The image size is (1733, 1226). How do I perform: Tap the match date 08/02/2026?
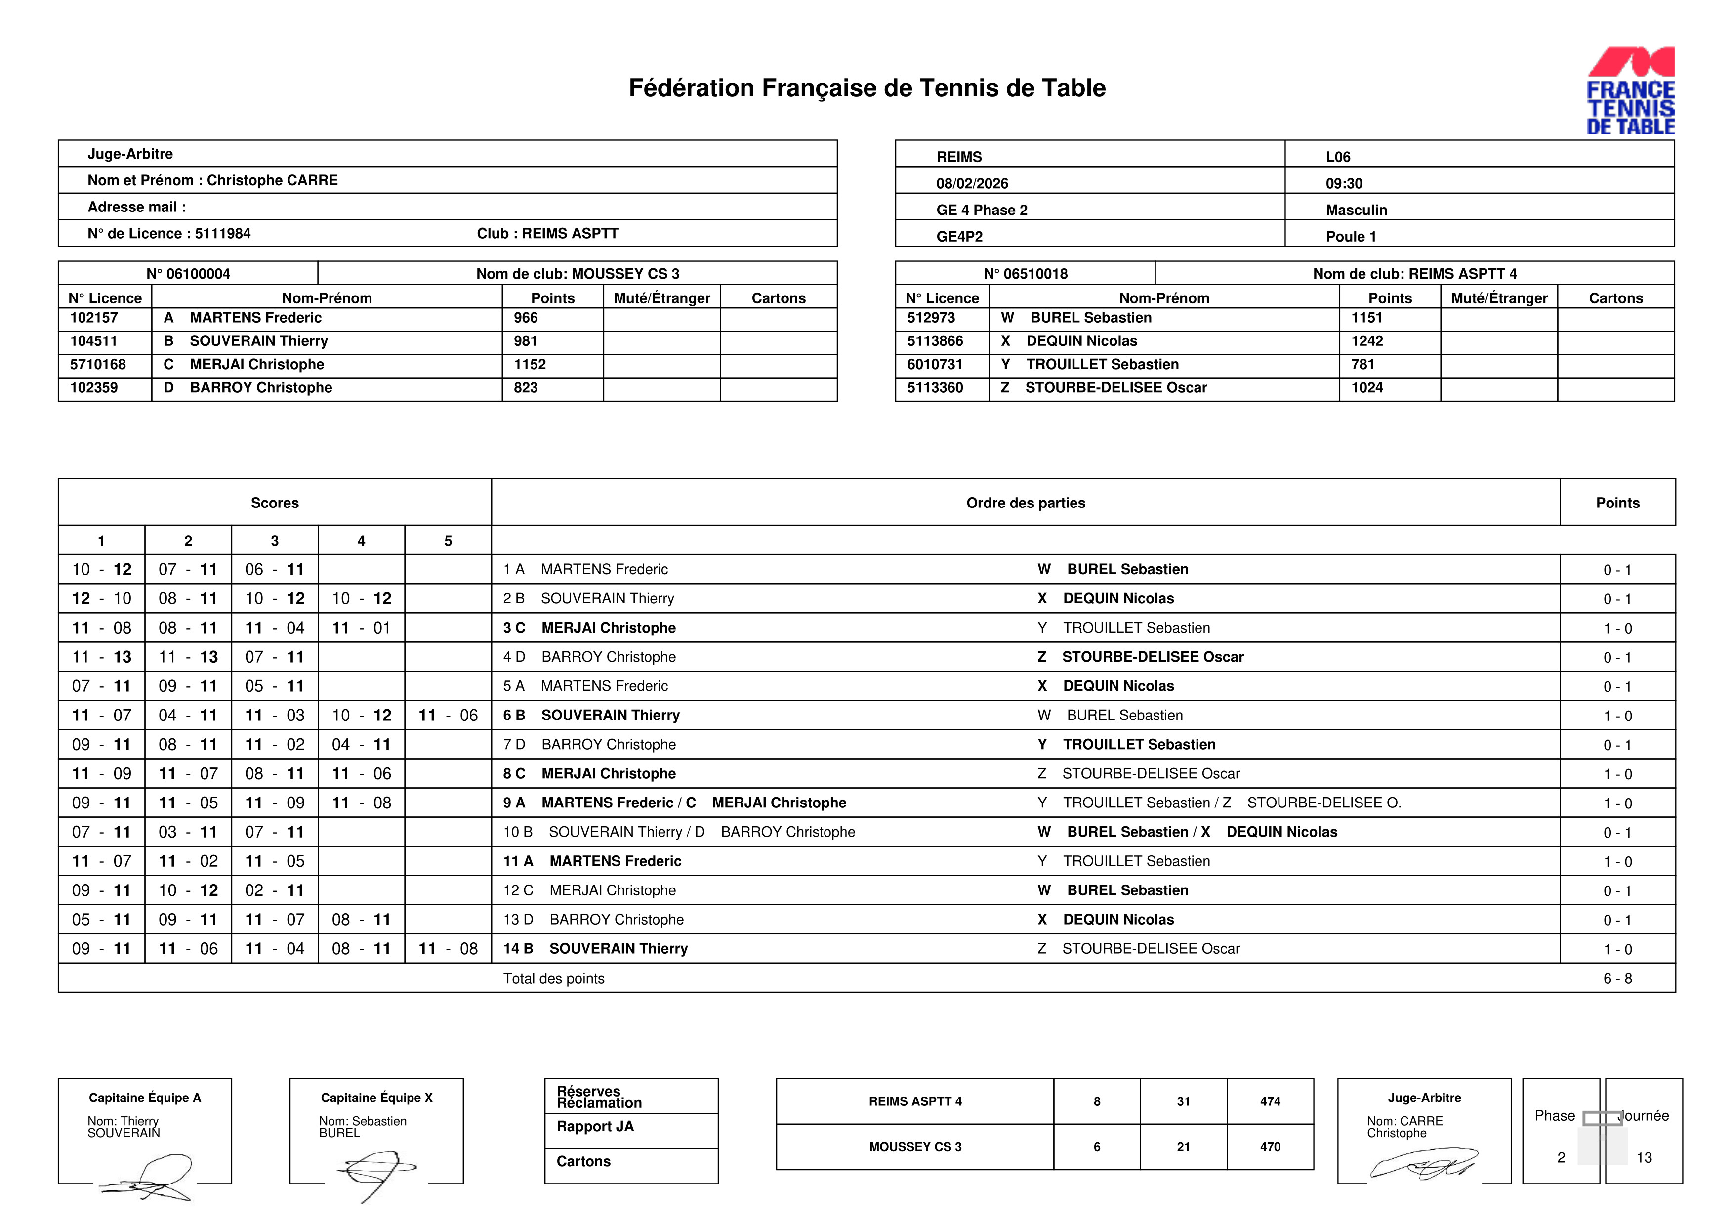[972, 183]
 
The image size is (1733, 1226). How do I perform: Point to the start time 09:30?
[1344, 183]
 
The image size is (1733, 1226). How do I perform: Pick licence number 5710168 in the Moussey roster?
[98, 365]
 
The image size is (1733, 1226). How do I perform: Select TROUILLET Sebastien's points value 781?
[1362, 365]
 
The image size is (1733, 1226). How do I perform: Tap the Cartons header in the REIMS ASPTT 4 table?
[1615, 298]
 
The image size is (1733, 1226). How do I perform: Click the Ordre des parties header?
[1025, 503]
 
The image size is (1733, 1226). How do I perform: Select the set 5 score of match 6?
[448, 716]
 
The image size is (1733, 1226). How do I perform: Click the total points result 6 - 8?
[1617, 979]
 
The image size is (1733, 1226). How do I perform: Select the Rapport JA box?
[631, 1130]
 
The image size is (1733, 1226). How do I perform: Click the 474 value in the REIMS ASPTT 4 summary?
[1270, 1101]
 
